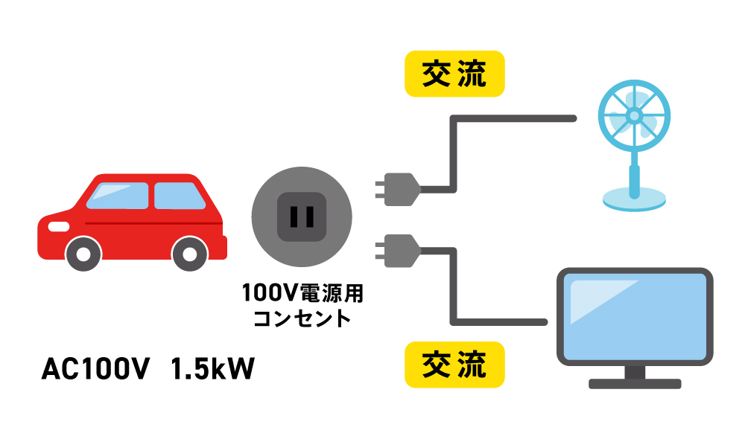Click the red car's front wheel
tap(83, 254)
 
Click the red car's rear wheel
tap(189, 254)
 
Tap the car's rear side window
tap(178, 195)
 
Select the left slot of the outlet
tap(294, 217)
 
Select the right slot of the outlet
tap(310, 217)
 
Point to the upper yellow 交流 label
tap(454, 74)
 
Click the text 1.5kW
tap(212, 370)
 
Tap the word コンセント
tap(302, 318)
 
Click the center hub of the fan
tap(634, 116)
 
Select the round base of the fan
tap(633, 198)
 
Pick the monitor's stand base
tap(635, 384)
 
